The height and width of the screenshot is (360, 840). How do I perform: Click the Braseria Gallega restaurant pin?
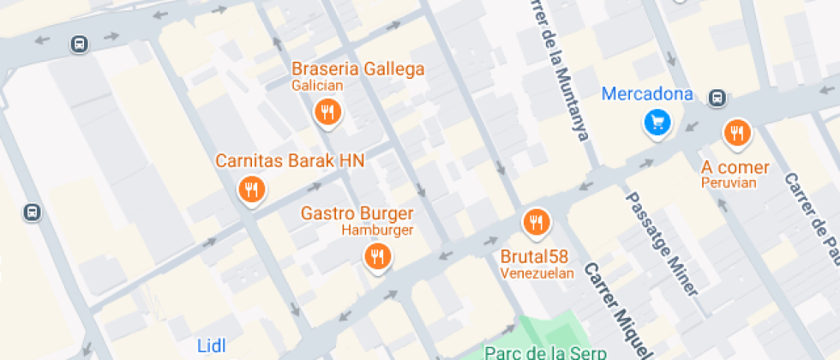327,111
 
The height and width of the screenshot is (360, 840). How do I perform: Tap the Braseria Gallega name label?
358,69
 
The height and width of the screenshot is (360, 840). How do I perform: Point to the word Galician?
317,86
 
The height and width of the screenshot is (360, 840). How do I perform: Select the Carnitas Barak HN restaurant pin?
250,189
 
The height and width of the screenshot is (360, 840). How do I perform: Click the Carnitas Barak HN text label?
290,160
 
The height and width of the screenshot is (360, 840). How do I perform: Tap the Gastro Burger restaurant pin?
377,255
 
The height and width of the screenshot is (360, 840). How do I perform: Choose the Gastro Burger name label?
357,213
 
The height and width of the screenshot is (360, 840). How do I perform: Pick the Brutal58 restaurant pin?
537,223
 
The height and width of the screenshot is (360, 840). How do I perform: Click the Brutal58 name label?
536,256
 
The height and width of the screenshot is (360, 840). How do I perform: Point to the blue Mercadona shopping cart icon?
657,123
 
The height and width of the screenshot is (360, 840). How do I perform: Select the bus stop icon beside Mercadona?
717,99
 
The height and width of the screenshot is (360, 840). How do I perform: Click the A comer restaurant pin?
736,133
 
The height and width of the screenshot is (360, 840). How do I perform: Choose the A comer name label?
735,167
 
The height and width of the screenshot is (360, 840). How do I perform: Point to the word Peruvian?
729,183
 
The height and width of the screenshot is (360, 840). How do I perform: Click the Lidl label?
211,345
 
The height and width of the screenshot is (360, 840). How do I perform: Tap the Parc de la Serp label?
545,351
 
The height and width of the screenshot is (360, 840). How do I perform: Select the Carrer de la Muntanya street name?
561,69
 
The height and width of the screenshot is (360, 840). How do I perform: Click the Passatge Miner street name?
663,243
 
